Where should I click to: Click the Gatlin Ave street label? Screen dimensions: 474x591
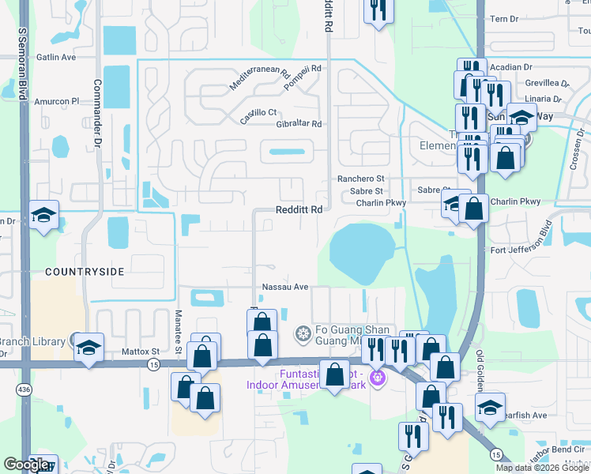(x=56, y=58)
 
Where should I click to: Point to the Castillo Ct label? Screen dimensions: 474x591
(x=258, y=112)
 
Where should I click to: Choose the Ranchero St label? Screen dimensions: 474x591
(x=360, y=179)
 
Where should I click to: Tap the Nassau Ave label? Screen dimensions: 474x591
(x=284, y=288)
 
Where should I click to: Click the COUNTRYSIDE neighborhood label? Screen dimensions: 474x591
(x=85, y=272)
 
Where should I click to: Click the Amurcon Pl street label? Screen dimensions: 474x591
(x=58, y=101)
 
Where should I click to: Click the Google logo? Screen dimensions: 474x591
(x=26, y=465)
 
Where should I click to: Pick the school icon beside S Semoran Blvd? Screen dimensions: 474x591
(x=43, y=214)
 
